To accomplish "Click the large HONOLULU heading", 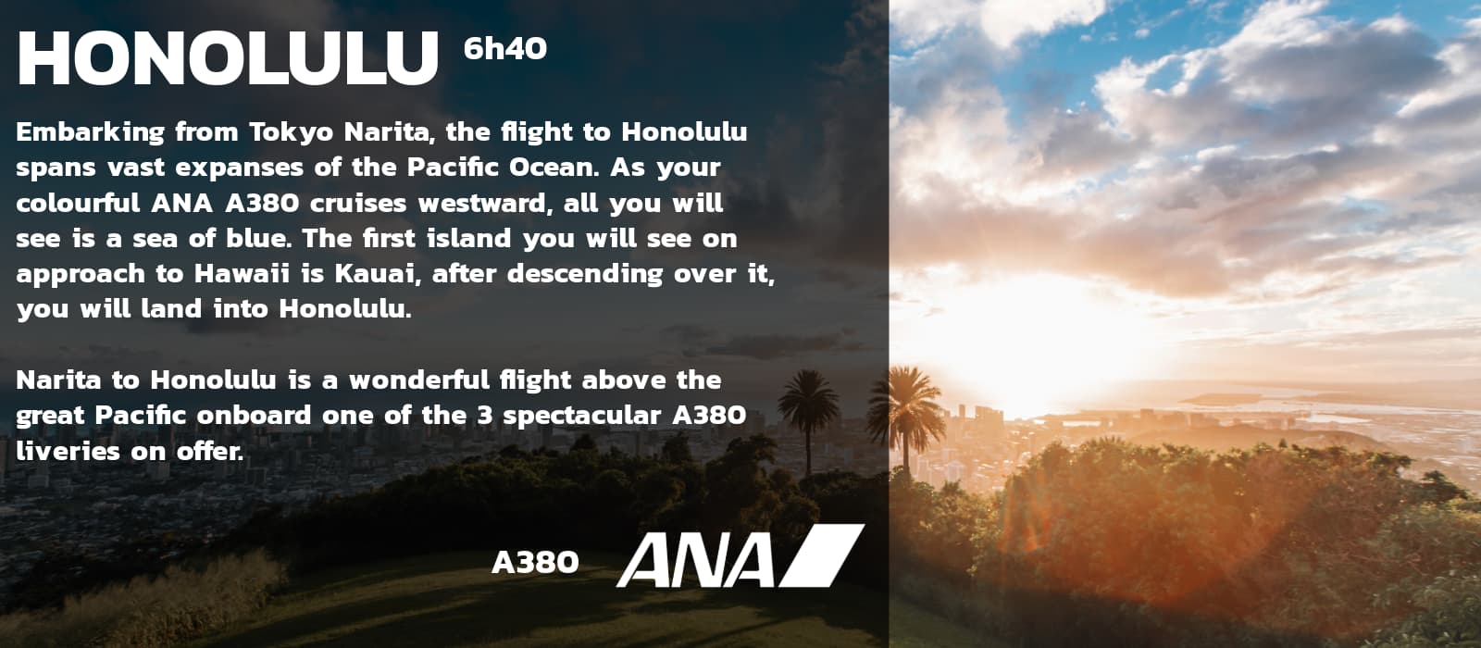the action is pos(228,58).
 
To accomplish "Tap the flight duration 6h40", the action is pos(505,48).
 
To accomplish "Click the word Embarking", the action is pos(90,133).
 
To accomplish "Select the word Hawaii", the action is pos(242,274).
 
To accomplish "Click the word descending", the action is pos(585,274).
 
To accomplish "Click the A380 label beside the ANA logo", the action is pos(536,563).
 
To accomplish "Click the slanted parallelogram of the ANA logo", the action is pos(821,555).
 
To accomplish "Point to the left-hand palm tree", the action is pos(808,417).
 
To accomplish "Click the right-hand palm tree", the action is pos(906,417).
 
